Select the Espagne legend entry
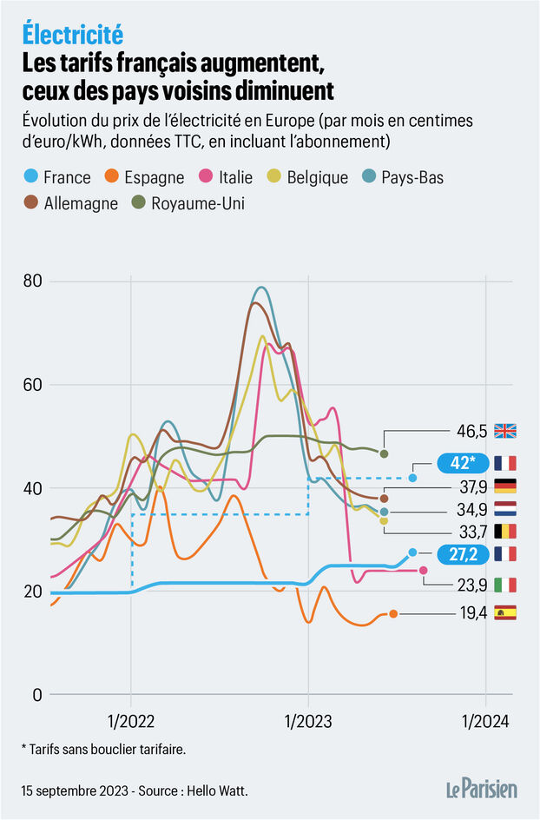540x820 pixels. pos(144,177)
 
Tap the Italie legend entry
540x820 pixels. pos(226,177)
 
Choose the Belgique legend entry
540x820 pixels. pos(309,177)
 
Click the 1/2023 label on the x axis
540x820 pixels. pos(308,721)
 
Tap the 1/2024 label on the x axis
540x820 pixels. pos(485,721)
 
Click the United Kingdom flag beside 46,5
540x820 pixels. pos(504,430)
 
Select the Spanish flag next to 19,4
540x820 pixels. pos(504,613)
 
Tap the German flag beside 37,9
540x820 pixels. pos(504,486)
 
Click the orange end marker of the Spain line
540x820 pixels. pos(393,613)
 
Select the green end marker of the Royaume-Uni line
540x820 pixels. pos(384,453)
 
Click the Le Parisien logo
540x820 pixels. pos(482,789)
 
